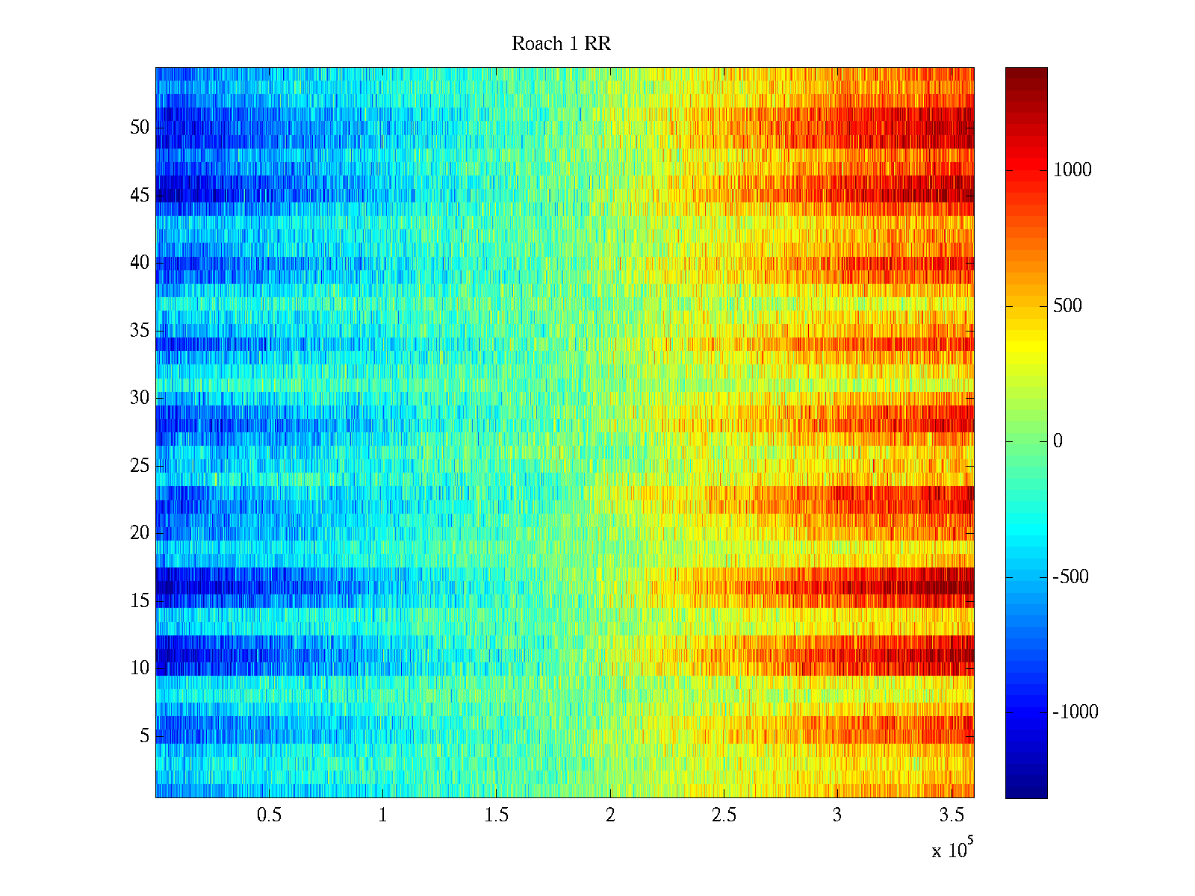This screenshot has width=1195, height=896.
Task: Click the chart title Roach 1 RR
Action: (561, 44)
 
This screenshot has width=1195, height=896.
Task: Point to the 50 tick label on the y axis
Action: (140, 128)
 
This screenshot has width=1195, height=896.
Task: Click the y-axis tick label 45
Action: (140, 196)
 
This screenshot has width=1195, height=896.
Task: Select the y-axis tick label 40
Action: (140, 263)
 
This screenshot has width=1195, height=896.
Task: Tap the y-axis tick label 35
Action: (140, 331)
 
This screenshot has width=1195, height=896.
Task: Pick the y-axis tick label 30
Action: (140, 398)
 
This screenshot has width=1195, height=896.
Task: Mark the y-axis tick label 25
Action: (140, 466)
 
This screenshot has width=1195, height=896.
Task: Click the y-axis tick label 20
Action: (140, 533)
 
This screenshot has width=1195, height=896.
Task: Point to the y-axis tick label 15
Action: (140, 601)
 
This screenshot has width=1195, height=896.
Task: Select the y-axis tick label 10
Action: (140, 668)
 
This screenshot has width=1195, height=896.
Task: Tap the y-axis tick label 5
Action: (144, 736)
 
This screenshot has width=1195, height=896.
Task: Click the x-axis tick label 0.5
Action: (269, 815)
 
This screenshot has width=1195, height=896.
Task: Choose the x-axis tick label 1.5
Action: (496, 815)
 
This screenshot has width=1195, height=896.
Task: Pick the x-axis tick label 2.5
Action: (724, 815)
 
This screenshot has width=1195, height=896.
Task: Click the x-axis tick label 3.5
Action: (951, 815)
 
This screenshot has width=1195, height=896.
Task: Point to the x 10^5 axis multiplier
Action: (952, 849)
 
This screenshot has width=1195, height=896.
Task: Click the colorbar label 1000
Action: (1073, 170)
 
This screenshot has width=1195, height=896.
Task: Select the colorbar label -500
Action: (1070, 577)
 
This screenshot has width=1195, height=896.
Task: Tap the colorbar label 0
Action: (1058, 441)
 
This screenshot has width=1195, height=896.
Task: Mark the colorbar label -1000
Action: (1075, 712)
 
